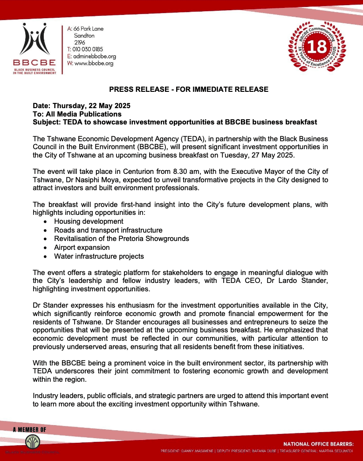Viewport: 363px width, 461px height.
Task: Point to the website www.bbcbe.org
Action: pos(93,63)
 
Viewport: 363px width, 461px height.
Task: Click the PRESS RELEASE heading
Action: pos(188,89)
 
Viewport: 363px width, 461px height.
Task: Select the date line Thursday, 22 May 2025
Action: pos(82,106)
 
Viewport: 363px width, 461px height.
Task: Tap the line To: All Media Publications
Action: pos(77,114)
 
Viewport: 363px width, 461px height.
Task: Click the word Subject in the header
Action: pos(46,122)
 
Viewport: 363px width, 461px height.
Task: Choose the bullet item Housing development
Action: pos(89,221)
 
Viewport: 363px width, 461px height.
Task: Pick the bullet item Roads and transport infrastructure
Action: pos(108,230)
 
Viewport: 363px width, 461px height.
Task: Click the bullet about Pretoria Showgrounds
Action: pos(121,239)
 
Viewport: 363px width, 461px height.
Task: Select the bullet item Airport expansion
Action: pos(82,248)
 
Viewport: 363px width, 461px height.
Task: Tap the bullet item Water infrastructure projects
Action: pos(99,256)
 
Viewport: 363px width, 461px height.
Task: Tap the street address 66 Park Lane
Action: pos(89,29)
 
